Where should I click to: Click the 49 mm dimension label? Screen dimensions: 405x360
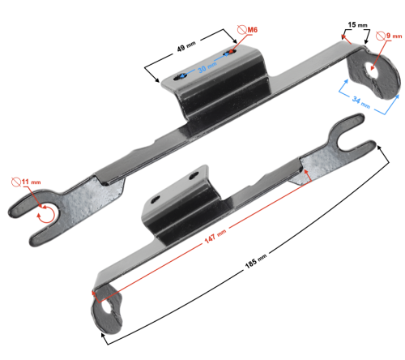pos(186,46)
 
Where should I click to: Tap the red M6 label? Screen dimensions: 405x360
pos(253,29)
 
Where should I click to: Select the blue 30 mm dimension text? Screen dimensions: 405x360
pos(207,67)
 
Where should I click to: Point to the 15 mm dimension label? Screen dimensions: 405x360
pos(357,25)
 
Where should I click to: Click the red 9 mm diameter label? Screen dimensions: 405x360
pos(394,36)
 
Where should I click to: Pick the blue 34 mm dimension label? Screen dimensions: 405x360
pos(361,102)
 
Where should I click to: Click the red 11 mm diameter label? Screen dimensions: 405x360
pos(31,182)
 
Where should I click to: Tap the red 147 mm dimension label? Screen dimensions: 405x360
pos(215,236)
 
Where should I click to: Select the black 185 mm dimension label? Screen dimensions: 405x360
pos(256,261)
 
